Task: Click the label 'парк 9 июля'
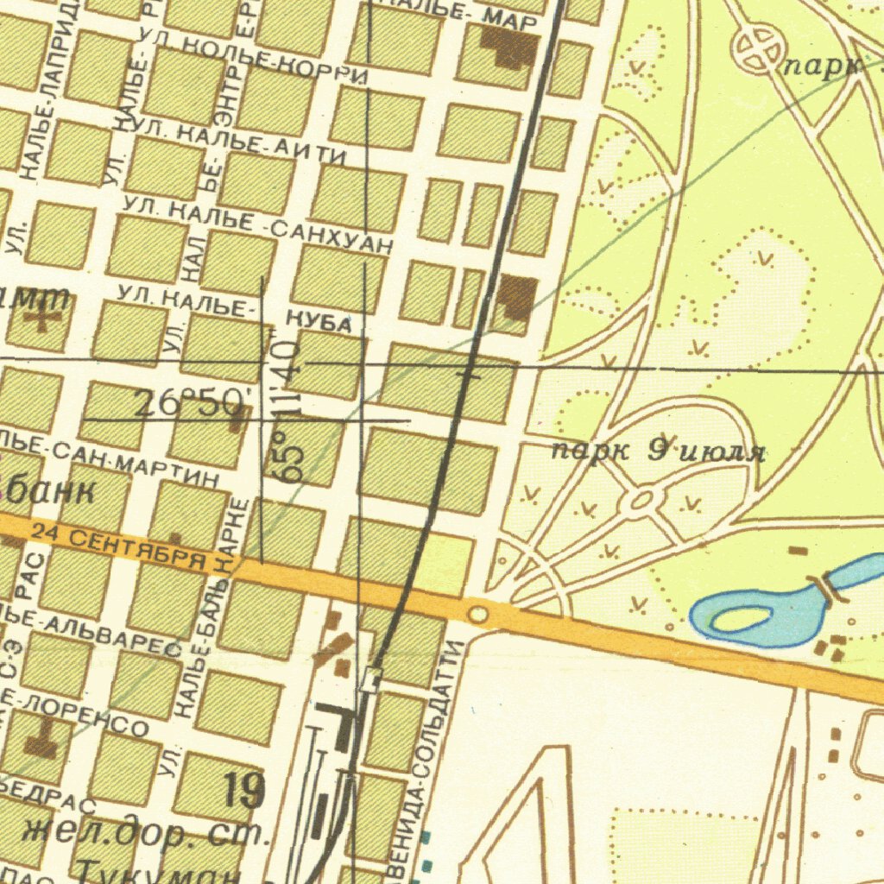[x=658, y=451]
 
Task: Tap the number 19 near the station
[x=244, y=790]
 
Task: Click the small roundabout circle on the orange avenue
[x=477, y=614]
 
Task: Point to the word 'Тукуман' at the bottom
[x=155, y=870]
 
